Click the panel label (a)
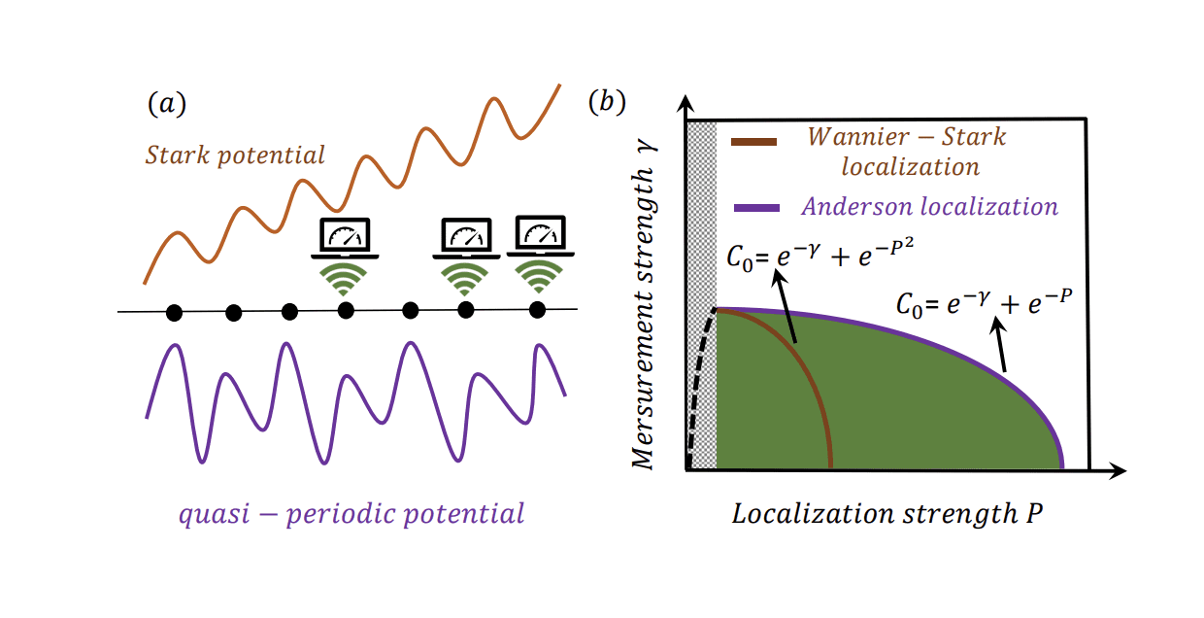pos(166,103)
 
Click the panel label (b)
pos(607,102)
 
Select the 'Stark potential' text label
pos(235,154)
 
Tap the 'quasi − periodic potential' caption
pos(351,512)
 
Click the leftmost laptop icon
pos(345,238)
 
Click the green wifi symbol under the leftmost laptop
pos(345,279)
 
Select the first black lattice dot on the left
pos(174,312)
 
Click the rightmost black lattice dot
pos(537,310)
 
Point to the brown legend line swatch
pos(753,142)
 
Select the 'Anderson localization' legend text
pos(929,206)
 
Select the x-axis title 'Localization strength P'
pos(886,513)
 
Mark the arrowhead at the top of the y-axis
pos(686,103)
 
